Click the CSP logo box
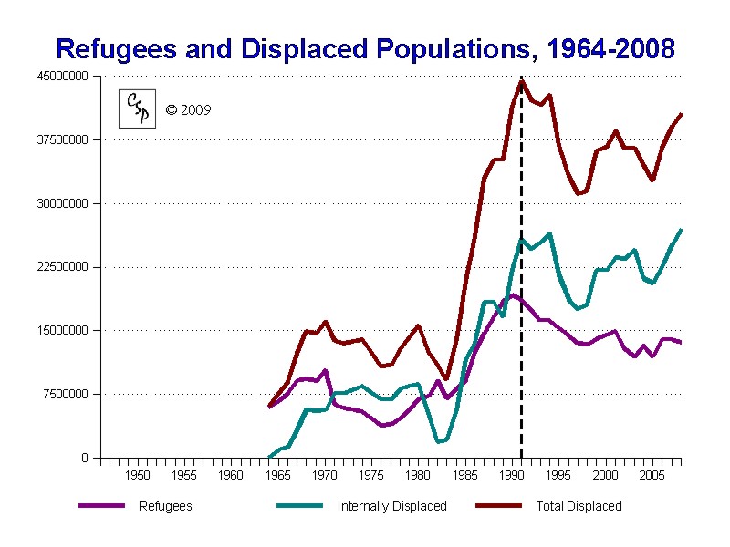pyautogui.click(x=139, y=109)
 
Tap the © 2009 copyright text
pyautogui.click(x=188, y=110)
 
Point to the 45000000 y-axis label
pyautogui.click(x=63, y=77)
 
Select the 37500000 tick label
pyautogui.click(x=63, y=140)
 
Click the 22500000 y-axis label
pyautogui.click(x=63, y=267)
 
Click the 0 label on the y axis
pyautogui.click(x=85, y=458)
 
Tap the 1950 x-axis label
pyautogui.click(x=138, y=476)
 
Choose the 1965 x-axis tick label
pyautogui.click(x=277, y=476)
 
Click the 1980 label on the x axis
pyautogui.click(x=418, y=476)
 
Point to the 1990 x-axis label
pyautogui.click(x=511, y=476)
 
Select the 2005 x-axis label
pyautogui.click(x=651, y=476)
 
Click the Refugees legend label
pyautogui.click(x=165, y=506)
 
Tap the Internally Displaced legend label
pyautogui.click(x=391, y=506)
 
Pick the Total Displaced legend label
pyautogui.click(x=579, y=506)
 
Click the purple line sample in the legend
pyautogui.click(x=101, y=506)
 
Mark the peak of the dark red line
pyautogui.click(x=521, y=81)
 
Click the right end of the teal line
pyautogui.click(x=681, y=230)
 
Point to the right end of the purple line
pyautogui.click(x=681, y=342)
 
